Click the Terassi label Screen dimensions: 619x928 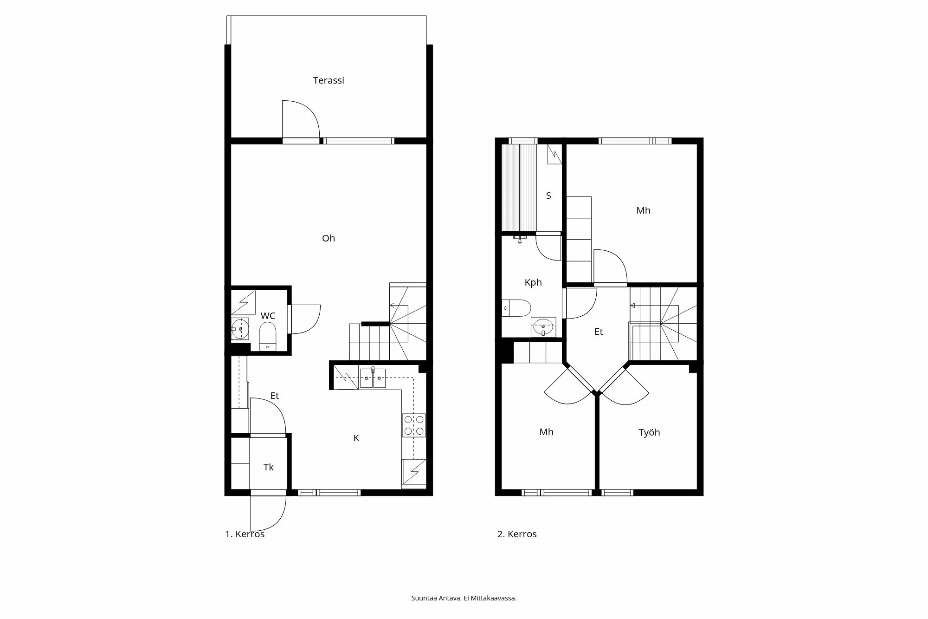point(329,80)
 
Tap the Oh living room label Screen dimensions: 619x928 point(329,238)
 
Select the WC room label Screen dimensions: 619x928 point(268,316)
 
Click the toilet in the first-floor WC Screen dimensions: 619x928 point(268,335)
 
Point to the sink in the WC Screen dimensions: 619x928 point(240,329)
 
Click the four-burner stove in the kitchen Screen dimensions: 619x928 point(414,425)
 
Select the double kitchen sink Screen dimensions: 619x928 point(373,378)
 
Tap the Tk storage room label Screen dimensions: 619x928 point(268,467)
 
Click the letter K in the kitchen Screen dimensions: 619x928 point(356,438)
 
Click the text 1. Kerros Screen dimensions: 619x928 point(245,534)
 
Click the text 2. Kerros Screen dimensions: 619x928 point(517,534)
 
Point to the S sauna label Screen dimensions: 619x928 point(548,195)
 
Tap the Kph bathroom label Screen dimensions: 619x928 point(533,282)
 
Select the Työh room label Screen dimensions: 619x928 point(649,432)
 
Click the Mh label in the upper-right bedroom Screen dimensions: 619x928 point(643,210)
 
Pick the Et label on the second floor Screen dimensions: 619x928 point(599,332)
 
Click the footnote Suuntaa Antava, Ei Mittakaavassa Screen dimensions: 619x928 point(464,598)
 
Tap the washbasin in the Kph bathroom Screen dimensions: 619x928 point(543,327)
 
